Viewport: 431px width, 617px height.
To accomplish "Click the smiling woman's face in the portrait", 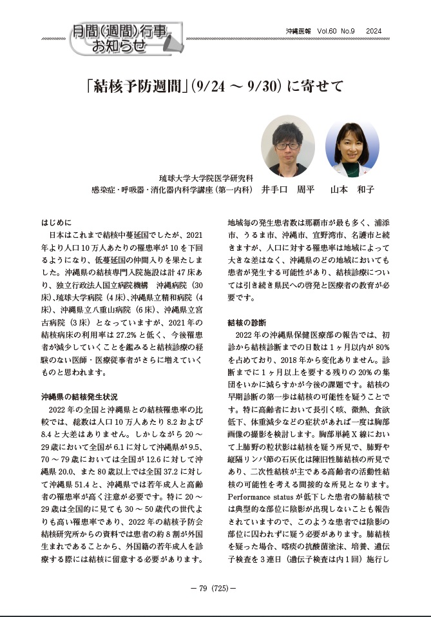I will coord(352,142).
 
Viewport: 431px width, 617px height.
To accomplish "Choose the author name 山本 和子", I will coord(352,190).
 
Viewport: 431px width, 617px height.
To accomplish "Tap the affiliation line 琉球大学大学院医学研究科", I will coord(206,178).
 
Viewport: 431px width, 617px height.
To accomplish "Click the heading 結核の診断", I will coord(247,321).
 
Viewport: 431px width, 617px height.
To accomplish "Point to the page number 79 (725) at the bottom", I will coord(215,589).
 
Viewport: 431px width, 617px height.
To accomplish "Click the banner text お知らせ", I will coord(120,46).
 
